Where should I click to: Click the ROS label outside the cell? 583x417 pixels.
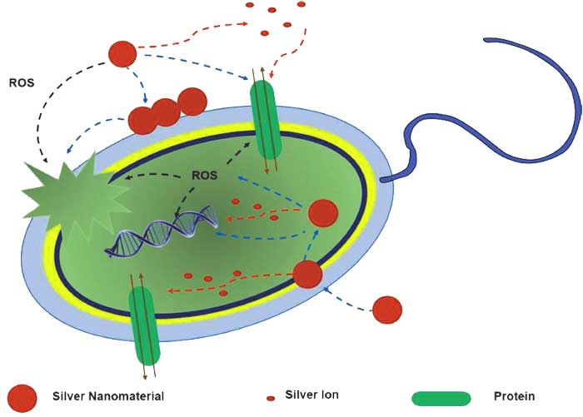(21, 82)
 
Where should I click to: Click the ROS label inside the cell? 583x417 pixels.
(204, 175)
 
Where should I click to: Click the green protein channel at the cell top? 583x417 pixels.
(266, 120)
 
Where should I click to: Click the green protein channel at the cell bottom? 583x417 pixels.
(144, 326)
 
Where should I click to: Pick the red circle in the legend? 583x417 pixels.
(22, 398)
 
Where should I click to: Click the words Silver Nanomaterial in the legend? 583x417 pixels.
(107, 396)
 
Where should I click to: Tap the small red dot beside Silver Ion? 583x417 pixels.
(271, 399)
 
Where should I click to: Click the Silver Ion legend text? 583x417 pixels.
(311, 395)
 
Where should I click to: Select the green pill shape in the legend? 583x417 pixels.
(441, 399)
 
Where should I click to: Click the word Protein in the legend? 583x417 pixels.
(514, 396)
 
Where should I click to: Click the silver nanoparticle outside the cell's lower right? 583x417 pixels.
(387, 310)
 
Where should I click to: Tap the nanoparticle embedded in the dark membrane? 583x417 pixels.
(307, 275)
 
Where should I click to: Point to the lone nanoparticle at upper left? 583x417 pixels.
(122, 54)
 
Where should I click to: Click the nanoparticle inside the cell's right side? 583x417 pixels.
(323, 213)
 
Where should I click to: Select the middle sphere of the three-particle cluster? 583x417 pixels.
(166, 112)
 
